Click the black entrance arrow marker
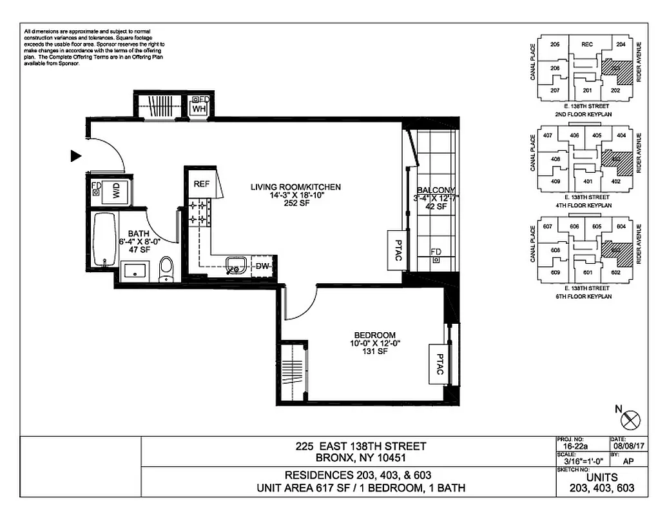[76, 155]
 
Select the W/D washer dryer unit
[117, 191]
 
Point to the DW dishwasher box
[262, 266]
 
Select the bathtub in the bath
[103, 241]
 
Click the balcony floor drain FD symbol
[436, 260]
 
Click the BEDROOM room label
[374, 335]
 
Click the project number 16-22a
[570, 445]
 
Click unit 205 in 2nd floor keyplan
[555, 45]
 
